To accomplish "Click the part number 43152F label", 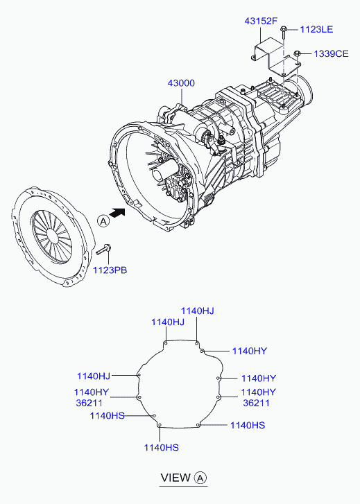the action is (x=261, y=21).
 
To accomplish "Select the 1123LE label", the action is (x=316, y=30).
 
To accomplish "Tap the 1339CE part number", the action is (x=331, y=53).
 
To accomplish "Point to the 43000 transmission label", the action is (x=181, y=83).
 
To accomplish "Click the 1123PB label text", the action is (x=110, y=270).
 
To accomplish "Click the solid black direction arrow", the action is (x=117, y=212).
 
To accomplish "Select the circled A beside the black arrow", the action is (x=103, y=221).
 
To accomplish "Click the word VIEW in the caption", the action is (x=175, y=478).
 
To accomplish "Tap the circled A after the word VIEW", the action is (x=200, y=478).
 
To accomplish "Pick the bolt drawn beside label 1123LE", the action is (x=284, y=32).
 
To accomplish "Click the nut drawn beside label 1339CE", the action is (x=298, y=53).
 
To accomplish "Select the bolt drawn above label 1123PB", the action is (x=104, y=250).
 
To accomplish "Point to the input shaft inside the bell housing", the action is (x=164, y=171).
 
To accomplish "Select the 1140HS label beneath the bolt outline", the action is (x=161, y=448).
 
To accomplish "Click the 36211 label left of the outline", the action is (x=89, y=403).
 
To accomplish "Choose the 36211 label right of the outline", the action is (x=256, y=403).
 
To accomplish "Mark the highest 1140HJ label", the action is (x=197, y=311).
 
